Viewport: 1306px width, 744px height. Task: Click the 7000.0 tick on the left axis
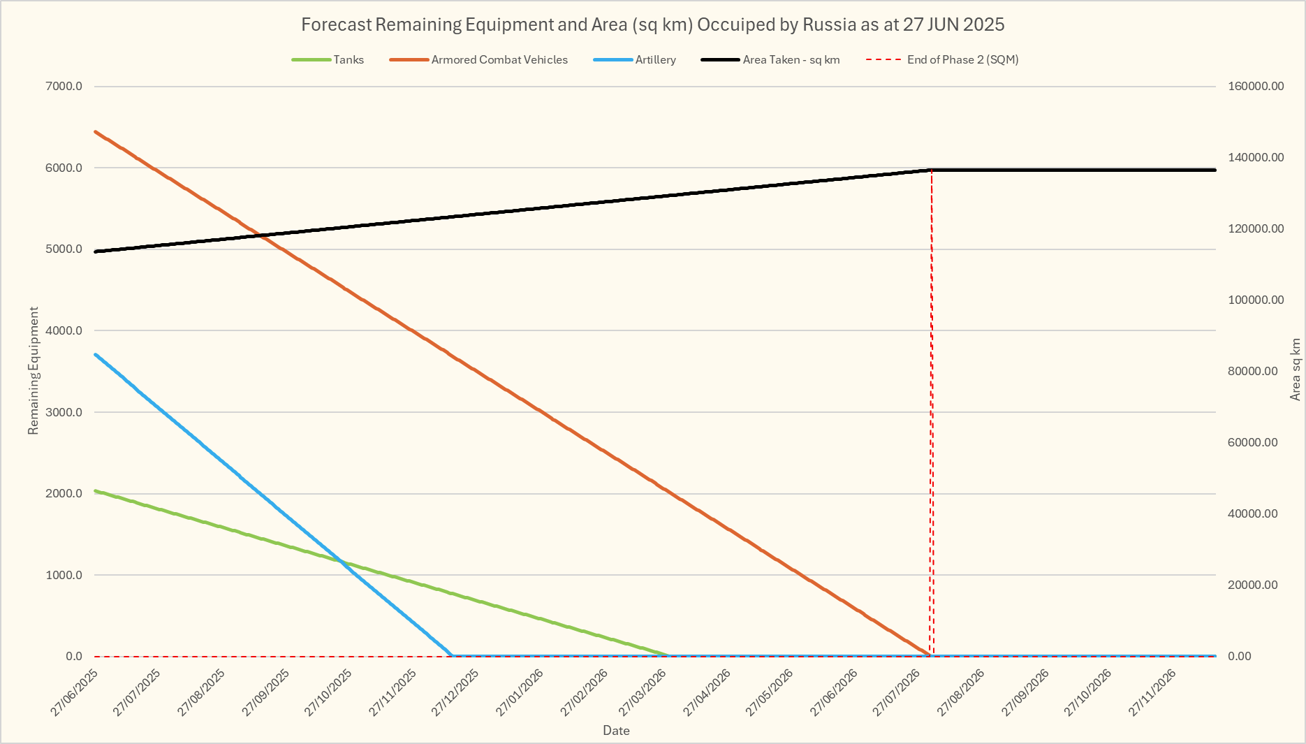coord(65,87)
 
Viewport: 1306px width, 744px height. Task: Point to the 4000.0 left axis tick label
coord(65,330)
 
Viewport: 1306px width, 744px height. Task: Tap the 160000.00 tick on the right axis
coord(1256,87)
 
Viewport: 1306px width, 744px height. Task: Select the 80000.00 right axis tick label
coord(1253,372)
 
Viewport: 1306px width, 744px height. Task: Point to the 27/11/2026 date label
coord(1153,692)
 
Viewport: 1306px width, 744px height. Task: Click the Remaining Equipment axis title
coord(34,370)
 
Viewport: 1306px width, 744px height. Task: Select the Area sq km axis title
coord(1296,370)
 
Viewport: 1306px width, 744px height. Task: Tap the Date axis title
coord(616,731)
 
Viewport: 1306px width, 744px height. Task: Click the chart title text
coord(652,24)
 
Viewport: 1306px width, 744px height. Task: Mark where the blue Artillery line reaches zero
coord(451,655)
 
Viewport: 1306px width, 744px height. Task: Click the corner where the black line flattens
coord(932,170)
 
